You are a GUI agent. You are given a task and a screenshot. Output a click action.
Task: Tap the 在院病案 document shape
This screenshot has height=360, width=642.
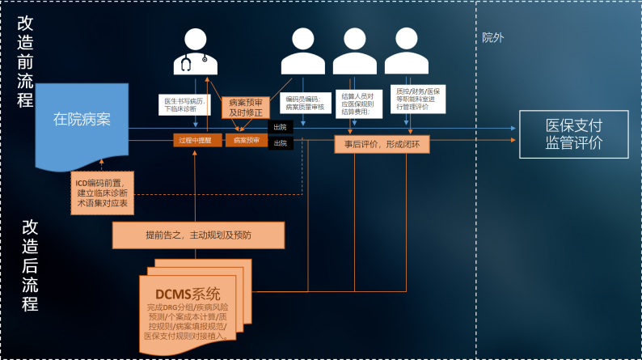point(82,121)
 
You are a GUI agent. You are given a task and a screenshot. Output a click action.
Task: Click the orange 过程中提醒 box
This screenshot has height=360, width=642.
point(194,140)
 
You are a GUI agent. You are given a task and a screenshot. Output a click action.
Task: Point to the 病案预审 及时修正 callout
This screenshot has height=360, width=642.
point(246,108)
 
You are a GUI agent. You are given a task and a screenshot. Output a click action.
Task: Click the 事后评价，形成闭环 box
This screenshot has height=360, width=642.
point(382,144)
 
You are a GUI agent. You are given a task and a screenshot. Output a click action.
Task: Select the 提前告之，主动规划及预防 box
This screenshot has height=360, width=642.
point(198,235)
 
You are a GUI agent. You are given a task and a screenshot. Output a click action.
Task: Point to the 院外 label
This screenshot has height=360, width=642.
point(493,37)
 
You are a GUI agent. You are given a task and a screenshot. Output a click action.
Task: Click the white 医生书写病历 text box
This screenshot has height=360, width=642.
point(185,104)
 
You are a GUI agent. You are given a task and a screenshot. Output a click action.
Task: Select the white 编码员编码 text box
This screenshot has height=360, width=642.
point(302,103)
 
